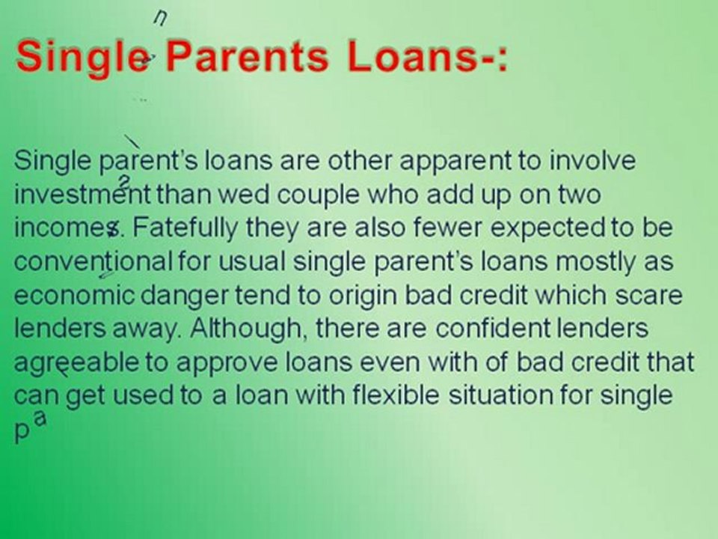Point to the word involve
pyautogui.click(x=593, y=160)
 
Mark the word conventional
pyautogui.click(x=93, y=261)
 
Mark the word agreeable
pyautogui.click(x=76, y=362)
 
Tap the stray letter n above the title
pyautogui.click(x=159, y=19)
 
